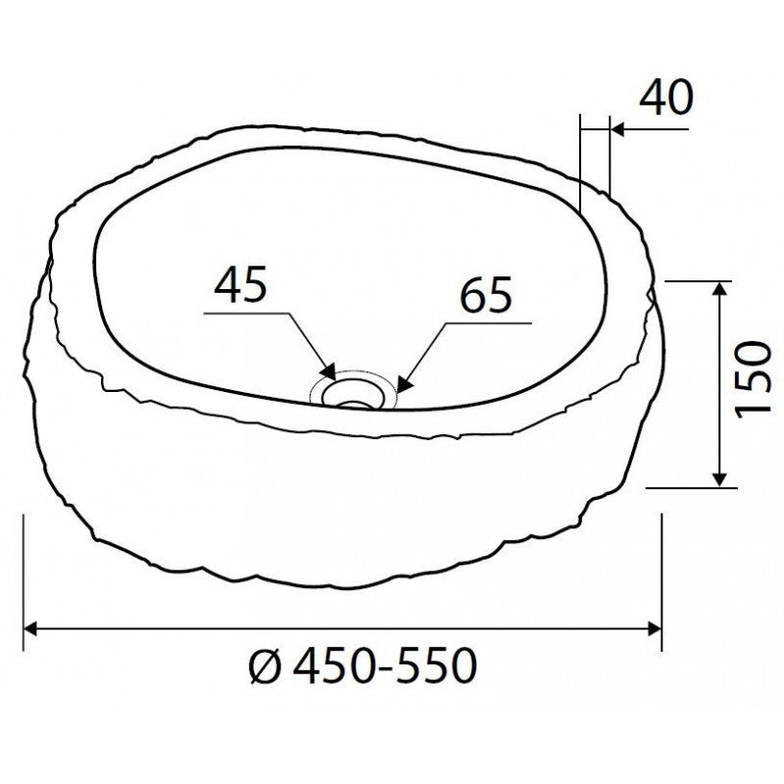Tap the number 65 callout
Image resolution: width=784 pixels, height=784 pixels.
click(x=485, y=296)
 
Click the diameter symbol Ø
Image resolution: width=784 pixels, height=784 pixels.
click(x=268, y=668)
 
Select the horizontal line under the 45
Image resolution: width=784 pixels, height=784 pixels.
click(x=245, y=314)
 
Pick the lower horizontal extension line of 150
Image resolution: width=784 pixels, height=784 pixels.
click(x=696, y=486)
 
